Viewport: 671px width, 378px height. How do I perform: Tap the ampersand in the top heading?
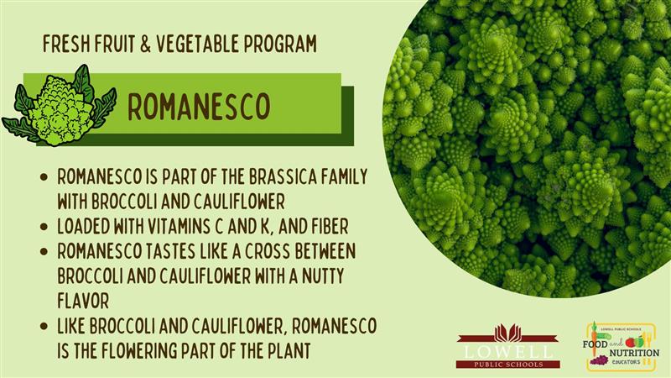pyautogui.click(x=145, y=45)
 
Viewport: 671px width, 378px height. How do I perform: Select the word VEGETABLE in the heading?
pyautogui.click(x=197, y=45)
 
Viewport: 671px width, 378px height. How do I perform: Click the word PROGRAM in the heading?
pyautogui.click(x=280, y=45)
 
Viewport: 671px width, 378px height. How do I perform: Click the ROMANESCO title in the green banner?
pyautogui.click(x=199, y=107)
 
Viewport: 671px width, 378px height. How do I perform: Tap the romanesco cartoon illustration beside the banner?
pyautogui.click(x=59, y=107)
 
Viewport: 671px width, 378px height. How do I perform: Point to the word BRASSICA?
pyautogui.click(x=278, y=176)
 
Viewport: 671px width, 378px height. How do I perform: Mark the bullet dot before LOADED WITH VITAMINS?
pyautogui.click(x=44, y=227)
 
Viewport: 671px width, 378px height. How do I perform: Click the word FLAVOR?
pyautogui.click(x=83, y=301)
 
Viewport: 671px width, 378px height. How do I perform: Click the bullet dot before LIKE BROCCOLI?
pyautogui.click(x=44, y=326)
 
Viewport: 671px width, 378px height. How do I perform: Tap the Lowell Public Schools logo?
pyautogui.click(x=508, y=346)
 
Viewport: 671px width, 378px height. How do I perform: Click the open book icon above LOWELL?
pyautogui.click(x=508, y=333)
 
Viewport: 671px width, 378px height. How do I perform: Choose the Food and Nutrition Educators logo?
pyautogui.click(x=621, y=347)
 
